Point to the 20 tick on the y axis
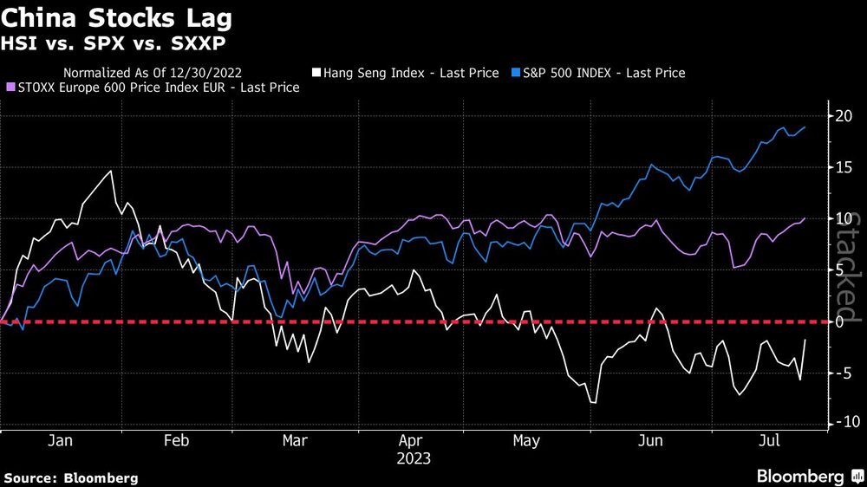(x=840, y=116)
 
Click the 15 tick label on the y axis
(x=840, y=168)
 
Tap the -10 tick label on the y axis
(x=835, y=423)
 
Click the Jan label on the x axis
(x=60, y=441)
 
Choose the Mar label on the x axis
(x=296, y=441)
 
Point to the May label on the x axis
(x=526, y=441)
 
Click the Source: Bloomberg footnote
(x=71, y=477)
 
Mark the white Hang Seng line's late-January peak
(x=110, y=172)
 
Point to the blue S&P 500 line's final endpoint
(x=805, y=127)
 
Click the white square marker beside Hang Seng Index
(x=318, y=73)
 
